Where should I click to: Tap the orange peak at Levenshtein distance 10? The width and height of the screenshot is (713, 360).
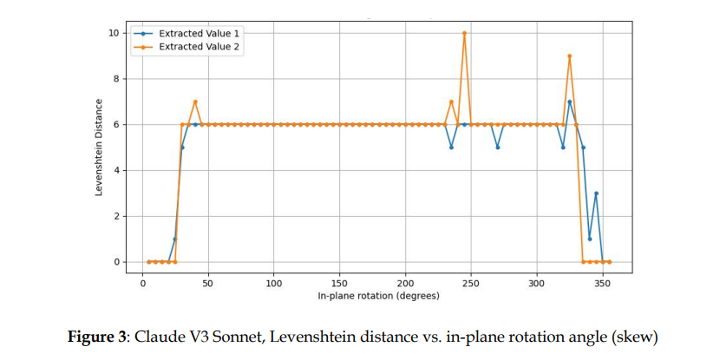(x=465, y=33)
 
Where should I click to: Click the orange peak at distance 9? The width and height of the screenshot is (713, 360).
(x=570, y=56)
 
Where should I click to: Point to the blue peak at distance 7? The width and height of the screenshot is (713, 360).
(x=570, y=101)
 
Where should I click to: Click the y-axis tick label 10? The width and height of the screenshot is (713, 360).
(x=113, y=33)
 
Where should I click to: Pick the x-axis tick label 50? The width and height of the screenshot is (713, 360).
(x=209, y=283)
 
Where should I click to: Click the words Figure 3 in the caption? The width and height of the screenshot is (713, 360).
(x=95, y=336)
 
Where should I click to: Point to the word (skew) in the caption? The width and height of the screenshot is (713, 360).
(x=619, y=336)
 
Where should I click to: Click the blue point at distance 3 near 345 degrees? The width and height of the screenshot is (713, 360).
(x=596, y=193)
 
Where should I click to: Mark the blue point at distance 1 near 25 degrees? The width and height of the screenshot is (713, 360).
(x=175, y=239)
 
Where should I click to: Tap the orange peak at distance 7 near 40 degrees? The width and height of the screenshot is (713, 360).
(x=195, y=101)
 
